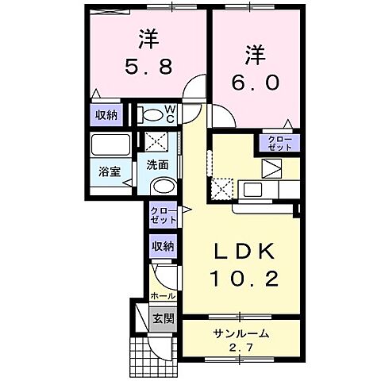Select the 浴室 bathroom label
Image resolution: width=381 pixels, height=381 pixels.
(109, 170)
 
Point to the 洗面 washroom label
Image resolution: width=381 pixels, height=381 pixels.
(156, 165)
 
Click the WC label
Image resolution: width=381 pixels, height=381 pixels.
(170, 114)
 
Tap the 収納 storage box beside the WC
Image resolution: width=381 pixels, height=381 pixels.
(107, 115)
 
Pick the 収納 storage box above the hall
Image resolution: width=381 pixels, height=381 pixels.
(163, 247)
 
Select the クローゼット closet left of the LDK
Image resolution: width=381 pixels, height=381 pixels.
(163, 214)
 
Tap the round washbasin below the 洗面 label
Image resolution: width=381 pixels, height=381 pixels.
(161, 187)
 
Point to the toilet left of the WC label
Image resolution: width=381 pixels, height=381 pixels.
(149, 114)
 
